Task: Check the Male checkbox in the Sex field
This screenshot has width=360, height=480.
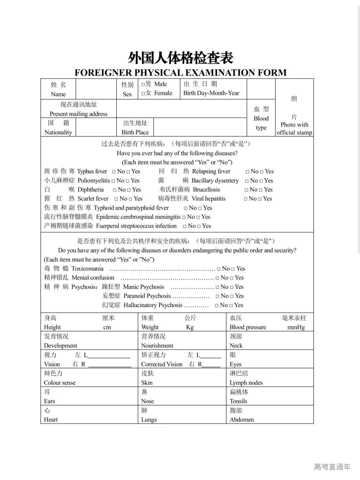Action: pos(143,85)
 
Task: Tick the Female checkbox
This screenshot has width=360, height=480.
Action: pos(143,94)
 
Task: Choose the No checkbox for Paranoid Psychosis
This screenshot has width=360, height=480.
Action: pos(218,296)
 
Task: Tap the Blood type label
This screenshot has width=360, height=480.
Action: pos(261,118)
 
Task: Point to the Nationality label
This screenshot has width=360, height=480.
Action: pos(58,132)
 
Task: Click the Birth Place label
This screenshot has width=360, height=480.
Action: pos(135,132)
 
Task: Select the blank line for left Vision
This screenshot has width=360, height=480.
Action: pos(109,357)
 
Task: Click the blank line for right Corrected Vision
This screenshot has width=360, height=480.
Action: pos(211,366)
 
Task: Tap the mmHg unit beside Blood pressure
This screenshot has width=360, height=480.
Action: pos(296,328)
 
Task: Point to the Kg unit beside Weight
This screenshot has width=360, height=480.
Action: pos(190,328)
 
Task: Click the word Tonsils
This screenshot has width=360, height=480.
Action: pos(238,401)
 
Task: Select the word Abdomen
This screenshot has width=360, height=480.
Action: pos(242,420)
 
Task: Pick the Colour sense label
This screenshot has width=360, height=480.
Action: pos(60,383)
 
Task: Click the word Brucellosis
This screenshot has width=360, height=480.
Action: pos(207,190)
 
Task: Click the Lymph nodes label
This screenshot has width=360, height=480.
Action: pos(246,383)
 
